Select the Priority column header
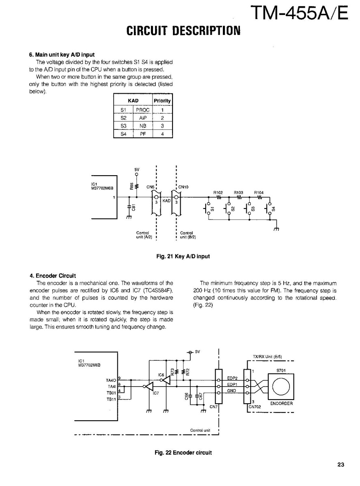click(162, 101)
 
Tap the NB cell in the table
click(142, 126)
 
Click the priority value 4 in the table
click(162, 134)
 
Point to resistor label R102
click(218, 192)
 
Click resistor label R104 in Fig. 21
click(259, 192)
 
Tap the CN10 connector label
click(183, 187)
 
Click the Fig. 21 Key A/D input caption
click(183, 256)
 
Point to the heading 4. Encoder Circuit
click(52, 276)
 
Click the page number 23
click(340, 465)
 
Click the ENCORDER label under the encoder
click(281, 404)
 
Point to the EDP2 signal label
click(232, 378)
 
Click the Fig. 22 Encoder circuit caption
click(183, 453)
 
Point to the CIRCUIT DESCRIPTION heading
click(183, 31)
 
